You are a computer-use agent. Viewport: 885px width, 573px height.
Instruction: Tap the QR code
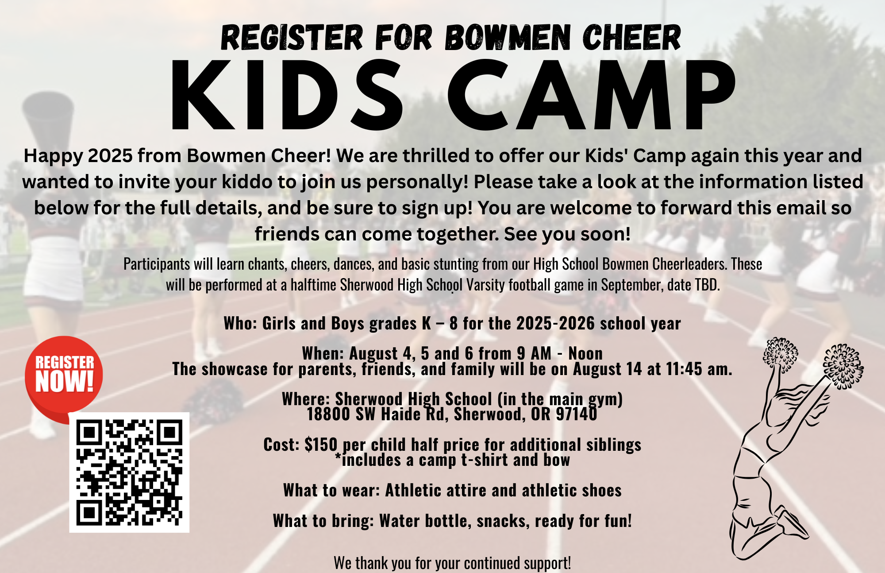pos(129,472)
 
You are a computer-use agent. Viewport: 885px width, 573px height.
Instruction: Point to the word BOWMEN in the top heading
pos(508,37)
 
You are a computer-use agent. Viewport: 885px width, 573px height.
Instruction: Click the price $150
pos(321,444)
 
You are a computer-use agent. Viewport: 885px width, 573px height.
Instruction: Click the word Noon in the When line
pos(585,353)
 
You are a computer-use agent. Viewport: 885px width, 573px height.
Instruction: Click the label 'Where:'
pos(306,399)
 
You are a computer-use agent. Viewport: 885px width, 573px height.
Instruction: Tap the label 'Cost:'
pos(281,444)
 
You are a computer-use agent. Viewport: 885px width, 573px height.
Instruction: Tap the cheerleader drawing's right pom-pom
pos(843,366)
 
